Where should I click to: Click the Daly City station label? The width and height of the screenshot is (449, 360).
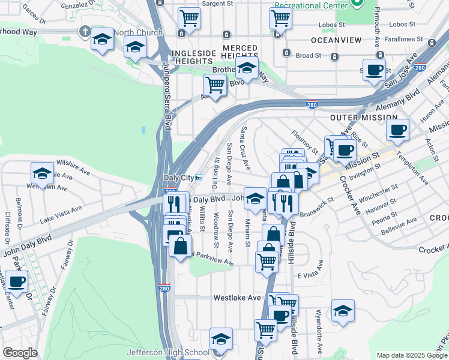pyautogui.click(x=179, y=178)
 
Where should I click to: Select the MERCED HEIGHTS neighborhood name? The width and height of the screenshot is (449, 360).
pyautogui.click(x=240, y=52)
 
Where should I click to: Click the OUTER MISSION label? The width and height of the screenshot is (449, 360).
pyautogui.click(x=363, y=118)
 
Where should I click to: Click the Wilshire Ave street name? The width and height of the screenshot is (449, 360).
pyautogui.click(x=73, y=163)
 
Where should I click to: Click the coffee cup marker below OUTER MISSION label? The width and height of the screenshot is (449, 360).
pyautogui.click(x=398, y=129)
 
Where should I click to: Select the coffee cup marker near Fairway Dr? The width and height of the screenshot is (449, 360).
pyautogui.click(x=16, y=281)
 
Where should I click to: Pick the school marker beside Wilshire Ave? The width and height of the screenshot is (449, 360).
pyautogui.click(x=42, y=173)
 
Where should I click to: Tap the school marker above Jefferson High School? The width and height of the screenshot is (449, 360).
pyautogui.click(x=221, y=339)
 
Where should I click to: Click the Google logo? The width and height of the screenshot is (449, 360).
pyautogui.click(x=20, y=353)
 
